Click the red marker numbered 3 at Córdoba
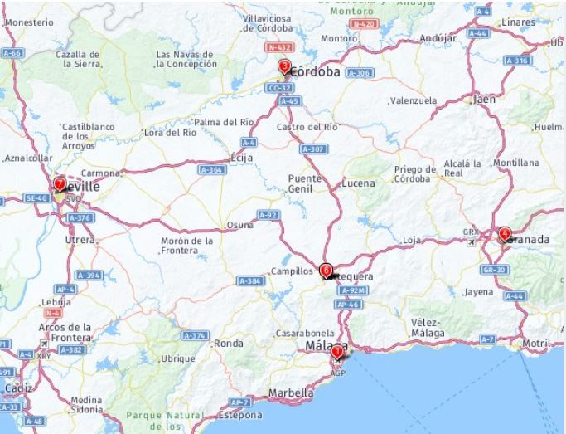[x=284, y=66]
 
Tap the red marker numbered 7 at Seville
[x=59, y=183]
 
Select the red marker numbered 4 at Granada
[x=505, y=234]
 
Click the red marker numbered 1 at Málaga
[x=336, y=352]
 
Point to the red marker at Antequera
[x=326, y=270]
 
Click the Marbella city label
[x=292, y=393]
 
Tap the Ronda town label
[x=229, y=343]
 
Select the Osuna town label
[x=239, y=225]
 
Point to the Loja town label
[x=411, y=240]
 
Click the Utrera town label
[x=81, y=239]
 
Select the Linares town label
[x=519, y=21]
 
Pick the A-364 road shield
[x=212, y=169]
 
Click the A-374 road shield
[x=193, y=335]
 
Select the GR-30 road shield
[x=495, y=270]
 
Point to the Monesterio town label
[x=29, y=22]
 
